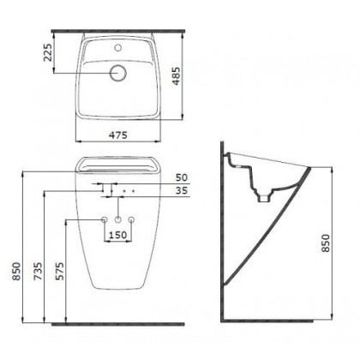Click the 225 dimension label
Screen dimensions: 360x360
click(x=48, y=52)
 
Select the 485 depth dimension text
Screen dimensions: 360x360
click(x=177, y=76)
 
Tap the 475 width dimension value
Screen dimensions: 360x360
click(x=118, y=135)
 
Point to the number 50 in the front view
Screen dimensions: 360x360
click(x=182, y=177)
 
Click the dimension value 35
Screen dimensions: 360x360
click(x=182, y=190)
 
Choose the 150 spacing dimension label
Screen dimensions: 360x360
click(x=117, y=235)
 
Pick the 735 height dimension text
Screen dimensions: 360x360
click(x=38, y=271)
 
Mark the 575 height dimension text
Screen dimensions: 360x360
click(x=60, y=271)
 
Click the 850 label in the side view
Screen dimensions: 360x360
click(x=325, y=243)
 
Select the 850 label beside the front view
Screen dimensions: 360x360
click(x=16, y=271)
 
